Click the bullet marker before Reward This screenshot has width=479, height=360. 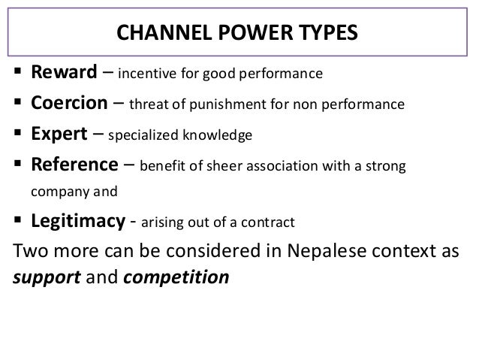pyautogui.click(x=17, y=74)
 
